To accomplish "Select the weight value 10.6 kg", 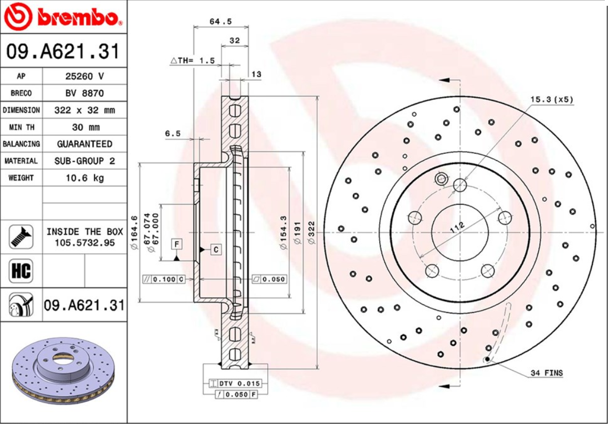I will tap(85, 178).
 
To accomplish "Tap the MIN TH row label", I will tap(21, 127).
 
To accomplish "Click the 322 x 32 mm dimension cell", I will tap(85, 110).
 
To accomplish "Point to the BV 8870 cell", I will tap(85, 93).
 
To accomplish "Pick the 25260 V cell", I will tap(85, 76).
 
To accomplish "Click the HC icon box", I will tap(21, 271).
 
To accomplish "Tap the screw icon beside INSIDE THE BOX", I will tap(21, 236).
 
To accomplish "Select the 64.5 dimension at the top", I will tap(221, 22).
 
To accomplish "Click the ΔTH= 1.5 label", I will tap(193, 60).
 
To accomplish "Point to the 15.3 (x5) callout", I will tap(551, 99).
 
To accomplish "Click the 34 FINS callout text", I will tap(546, 373).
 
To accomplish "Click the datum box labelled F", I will tap(176, 243).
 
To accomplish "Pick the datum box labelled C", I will tap(216, 250).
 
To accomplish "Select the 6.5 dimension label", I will tap(172, 134).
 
